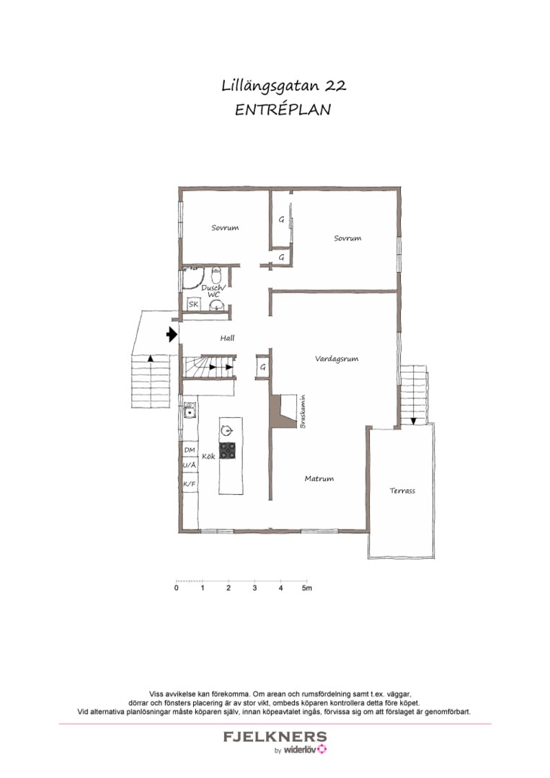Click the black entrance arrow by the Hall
click(172, 335)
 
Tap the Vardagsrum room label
click(337, 358)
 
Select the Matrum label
click(319, 478)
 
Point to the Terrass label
click(402, 491)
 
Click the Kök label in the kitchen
click(208, 456)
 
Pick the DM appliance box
click(190, 450)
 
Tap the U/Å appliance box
click(190, 466)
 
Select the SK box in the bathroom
click(193, 304)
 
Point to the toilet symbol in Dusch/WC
click(216, 274)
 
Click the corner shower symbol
click(191, 278)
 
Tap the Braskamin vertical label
click(302, 411)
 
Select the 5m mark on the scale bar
click(307, 588)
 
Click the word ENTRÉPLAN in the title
click(283, 109)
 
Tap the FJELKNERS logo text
click(275, 736)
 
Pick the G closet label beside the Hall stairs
click(262, 367)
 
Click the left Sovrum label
click(225, 228)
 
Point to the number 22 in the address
click(336, 86)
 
